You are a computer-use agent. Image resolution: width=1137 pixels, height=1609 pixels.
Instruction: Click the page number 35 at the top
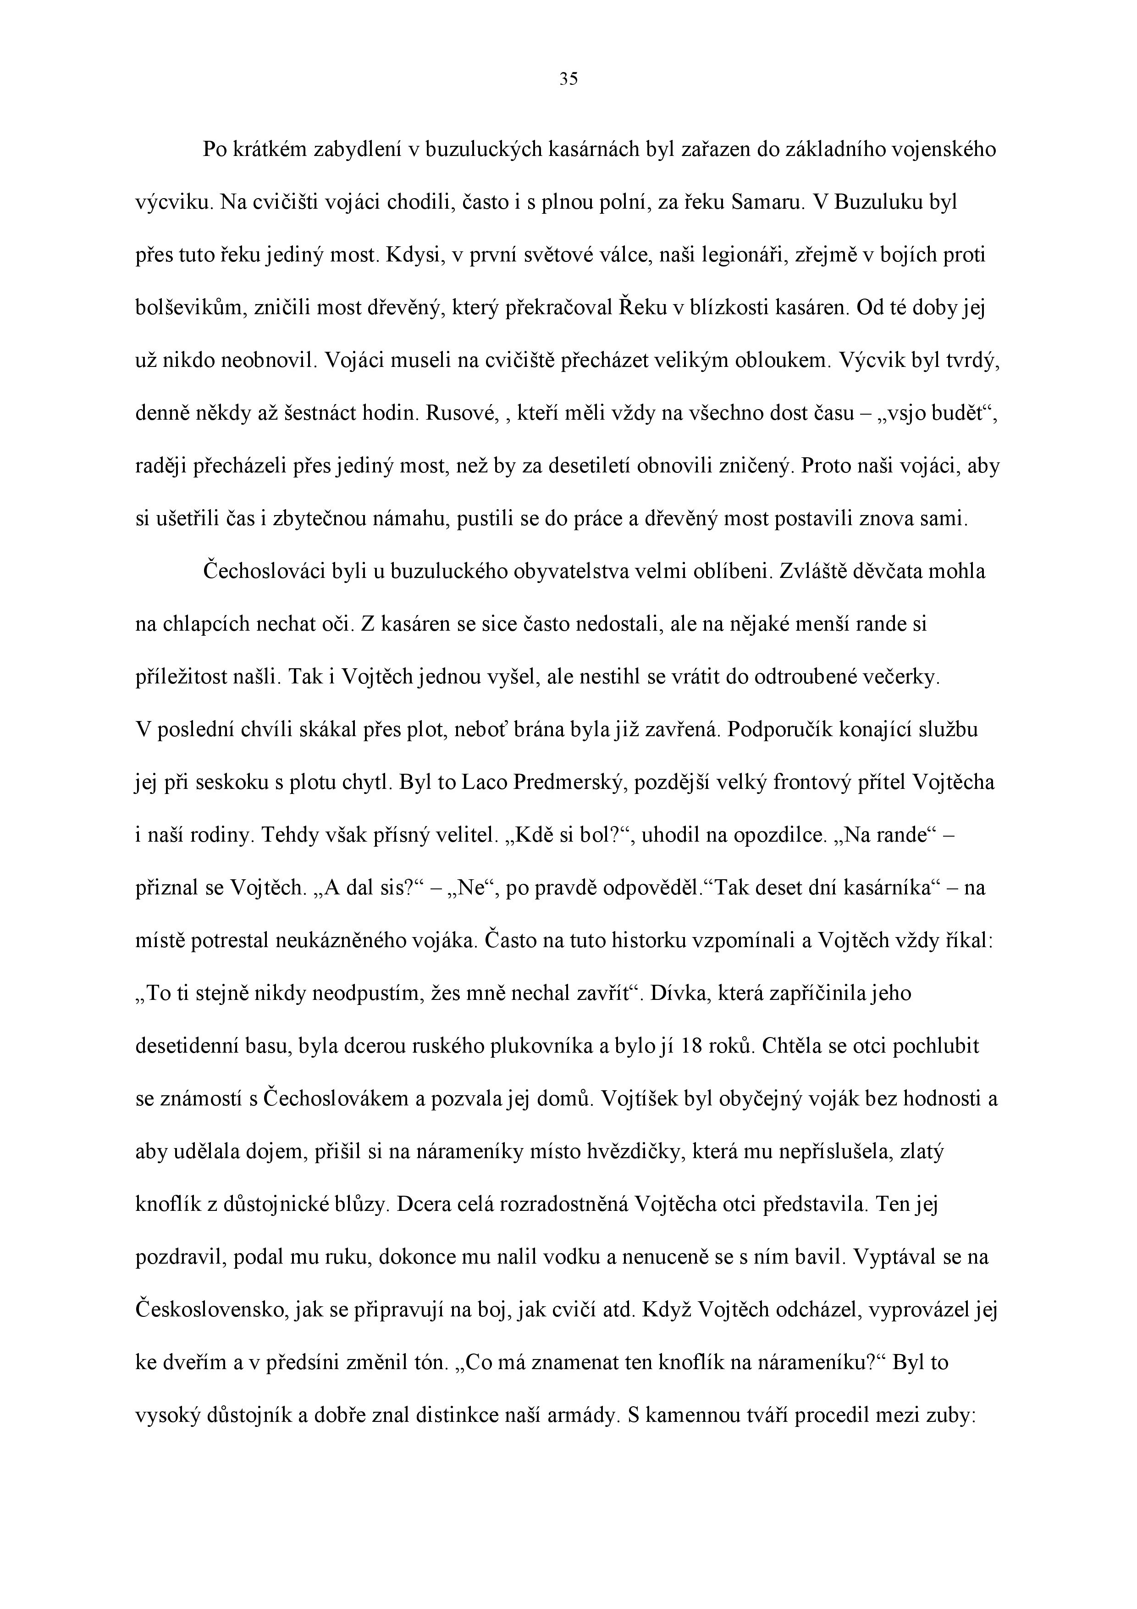tap(568, 79)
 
